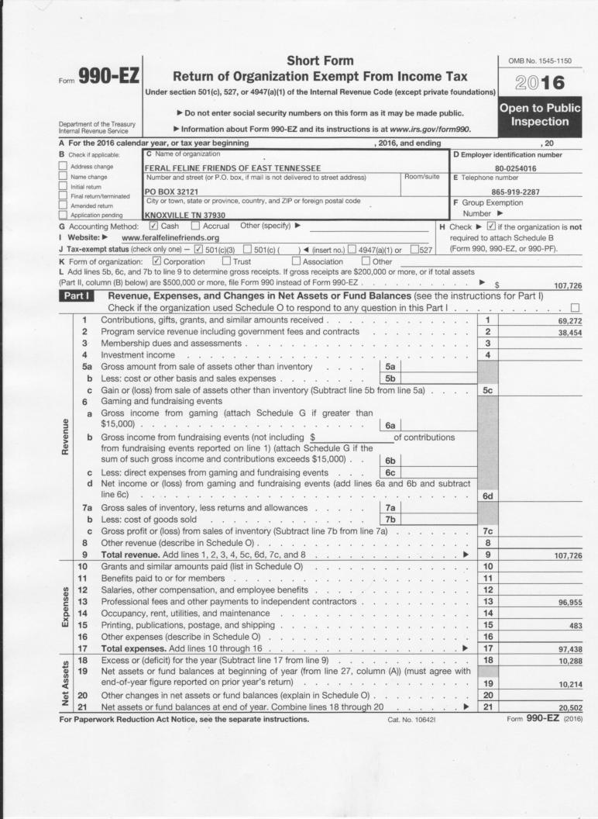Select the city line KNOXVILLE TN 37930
click(185, 215)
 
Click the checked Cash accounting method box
click(153, 226)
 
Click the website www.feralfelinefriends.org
click(166, 237)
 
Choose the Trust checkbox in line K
click(226, 261)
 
